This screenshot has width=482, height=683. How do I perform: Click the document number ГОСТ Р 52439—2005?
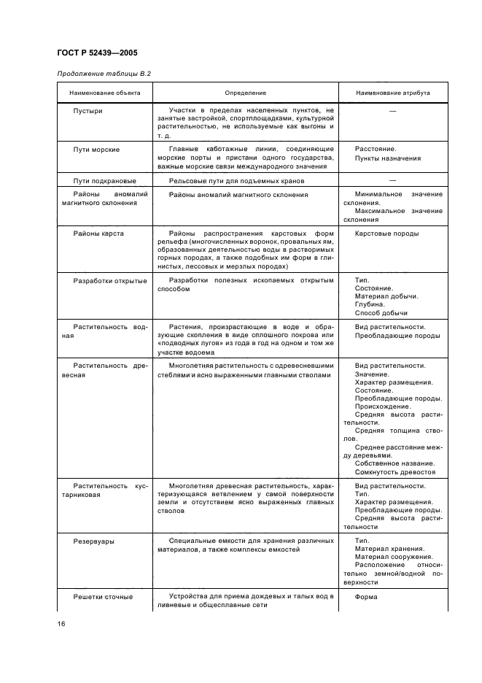[x=96, y=53]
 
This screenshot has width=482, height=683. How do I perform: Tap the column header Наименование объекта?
[x=100, y=93]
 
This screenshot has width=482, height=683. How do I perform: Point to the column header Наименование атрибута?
[x=392, y=93]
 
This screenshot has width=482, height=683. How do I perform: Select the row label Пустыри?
[x=88, y=110]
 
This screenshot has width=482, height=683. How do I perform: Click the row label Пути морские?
[x=96, y=149]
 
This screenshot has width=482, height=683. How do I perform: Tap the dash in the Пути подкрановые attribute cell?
[x=392, y=180]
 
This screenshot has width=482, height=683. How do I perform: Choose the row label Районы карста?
[x=98, y=234]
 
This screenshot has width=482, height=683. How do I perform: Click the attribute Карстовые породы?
[x=386, y=234]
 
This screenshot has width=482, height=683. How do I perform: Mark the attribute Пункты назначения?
[x=387, y=158]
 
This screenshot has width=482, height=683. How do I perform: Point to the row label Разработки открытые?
[x=110, y=280]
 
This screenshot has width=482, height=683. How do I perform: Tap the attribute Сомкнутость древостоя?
[x=394, y=472]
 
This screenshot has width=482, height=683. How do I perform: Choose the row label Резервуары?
[x=93, y=541]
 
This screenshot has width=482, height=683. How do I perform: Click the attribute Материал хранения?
[x=389, y=549]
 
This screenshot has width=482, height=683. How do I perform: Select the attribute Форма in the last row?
[x=366, y=596]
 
